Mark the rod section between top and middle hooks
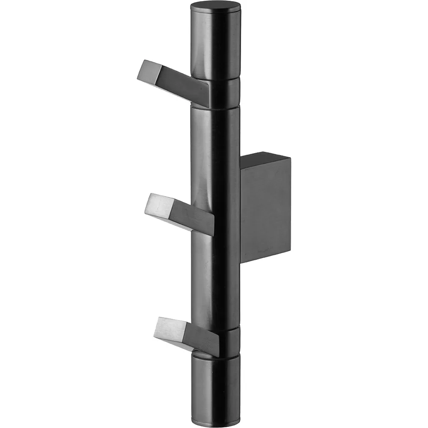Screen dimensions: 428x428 pos(215,150)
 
